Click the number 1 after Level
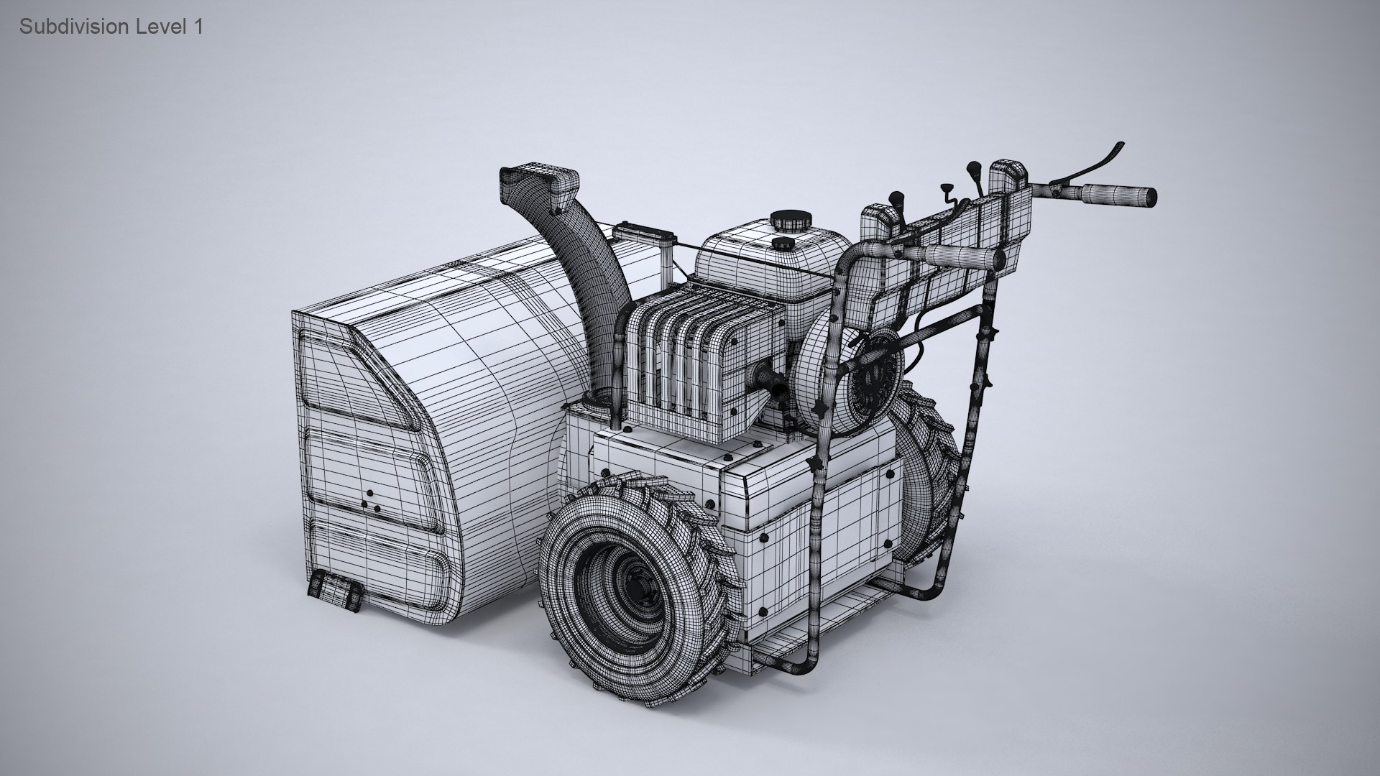pyautogui.click(x=198, y=27)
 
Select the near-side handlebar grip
pyautogui.click(x=963, y=256)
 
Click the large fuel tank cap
pyautogui.click(x=788, y=219)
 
